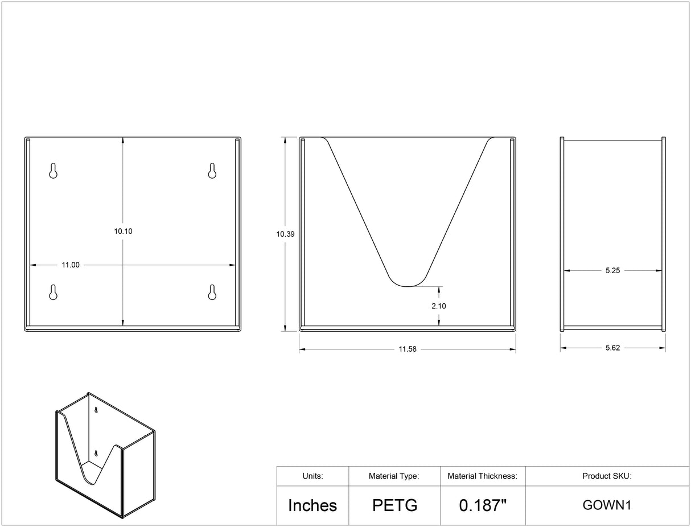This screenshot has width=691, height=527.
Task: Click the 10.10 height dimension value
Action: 123,231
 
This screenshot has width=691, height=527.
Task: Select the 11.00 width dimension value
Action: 71,265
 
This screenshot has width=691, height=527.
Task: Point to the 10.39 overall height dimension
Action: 286,234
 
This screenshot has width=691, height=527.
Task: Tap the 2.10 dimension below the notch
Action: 438,306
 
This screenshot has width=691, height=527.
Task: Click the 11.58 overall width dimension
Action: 408,349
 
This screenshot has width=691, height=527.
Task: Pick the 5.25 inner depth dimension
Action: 612,270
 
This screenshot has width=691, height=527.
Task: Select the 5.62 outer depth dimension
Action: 612,348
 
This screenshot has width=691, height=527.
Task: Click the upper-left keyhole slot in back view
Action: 53,171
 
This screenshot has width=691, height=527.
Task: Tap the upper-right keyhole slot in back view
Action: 212,171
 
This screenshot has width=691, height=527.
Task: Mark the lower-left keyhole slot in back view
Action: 53,293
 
